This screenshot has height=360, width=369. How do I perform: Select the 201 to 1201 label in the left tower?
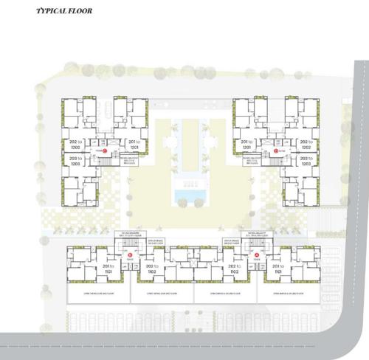pyautogui.click(x=133, y=144)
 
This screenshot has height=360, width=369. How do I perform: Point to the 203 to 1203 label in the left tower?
pyautogui.click(x=75, y=162)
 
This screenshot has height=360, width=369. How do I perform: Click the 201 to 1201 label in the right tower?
pyautogui.click(x=246, y=144)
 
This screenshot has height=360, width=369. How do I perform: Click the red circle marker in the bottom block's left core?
pyautogui.click(x=131, y=255)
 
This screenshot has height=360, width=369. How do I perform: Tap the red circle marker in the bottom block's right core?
pyautogui.click(x=257, y=255)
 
